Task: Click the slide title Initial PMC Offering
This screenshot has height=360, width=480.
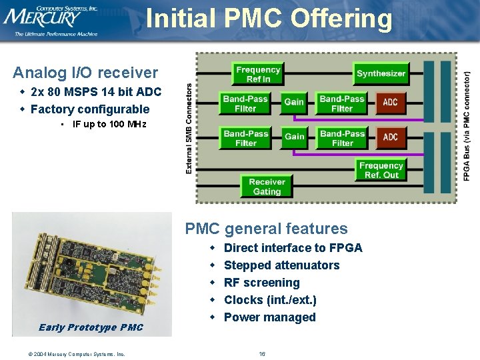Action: [x=269, y=18]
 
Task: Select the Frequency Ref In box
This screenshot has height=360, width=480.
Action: [x=258, y=74]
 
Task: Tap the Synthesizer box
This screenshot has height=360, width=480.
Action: [x=381, y=73]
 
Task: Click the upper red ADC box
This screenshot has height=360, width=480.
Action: [x=391, y=103]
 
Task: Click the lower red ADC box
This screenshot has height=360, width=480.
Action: [x=391, y=137]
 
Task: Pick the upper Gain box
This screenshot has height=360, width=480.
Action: [x=294, y=102]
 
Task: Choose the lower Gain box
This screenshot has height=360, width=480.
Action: [x=294, y=137]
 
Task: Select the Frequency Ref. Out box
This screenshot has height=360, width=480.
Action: [x=381, y=171]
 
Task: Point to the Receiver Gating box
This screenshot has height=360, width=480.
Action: [x=267, y=187]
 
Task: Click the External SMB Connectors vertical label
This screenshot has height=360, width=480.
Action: [x=189, y=128]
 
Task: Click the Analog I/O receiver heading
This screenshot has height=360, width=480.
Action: [x=85, y=73]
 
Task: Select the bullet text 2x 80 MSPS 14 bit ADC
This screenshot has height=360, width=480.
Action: [x=96, y=92]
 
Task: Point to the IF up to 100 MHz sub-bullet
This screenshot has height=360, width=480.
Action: [x=109, y=125]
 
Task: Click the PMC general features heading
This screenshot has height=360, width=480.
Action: [x=267, y=229]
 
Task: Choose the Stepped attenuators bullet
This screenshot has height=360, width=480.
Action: [x=281, y=265]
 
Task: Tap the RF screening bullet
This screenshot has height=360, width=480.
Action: [x=261, y=283]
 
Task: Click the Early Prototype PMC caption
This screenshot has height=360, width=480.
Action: [x=91, y=327]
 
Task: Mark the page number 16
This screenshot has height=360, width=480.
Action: [x=262, y=353]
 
